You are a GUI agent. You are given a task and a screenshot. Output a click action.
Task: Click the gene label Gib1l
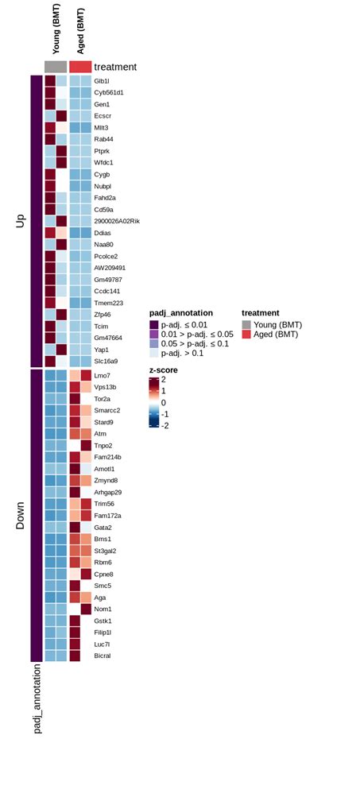[102, 81]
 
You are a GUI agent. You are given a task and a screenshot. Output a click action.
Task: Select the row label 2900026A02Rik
[116, 221]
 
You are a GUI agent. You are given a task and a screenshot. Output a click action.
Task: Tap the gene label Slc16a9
[106, 361]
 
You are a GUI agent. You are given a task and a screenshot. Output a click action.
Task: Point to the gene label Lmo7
[102, 375]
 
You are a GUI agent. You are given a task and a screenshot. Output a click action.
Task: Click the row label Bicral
[103, 656]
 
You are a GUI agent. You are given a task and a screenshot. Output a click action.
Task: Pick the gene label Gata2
[103, 527]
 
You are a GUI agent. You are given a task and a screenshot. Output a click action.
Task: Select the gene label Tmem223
[109, 303]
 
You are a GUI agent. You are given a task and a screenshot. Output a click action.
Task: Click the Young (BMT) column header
[56, 30]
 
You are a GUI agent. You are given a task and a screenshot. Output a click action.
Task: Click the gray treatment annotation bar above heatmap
[56, 67]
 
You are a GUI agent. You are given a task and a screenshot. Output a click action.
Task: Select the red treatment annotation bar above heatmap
[80, 67]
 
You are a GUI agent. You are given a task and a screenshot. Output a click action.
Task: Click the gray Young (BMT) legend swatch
[246, 324]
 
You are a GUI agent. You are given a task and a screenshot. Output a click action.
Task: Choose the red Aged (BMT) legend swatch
[246, 335]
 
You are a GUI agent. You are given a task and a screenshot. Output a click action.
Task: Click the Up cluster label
[21, 221]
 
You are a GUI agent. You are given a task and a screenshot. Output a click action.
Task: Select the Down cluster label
[21, 515]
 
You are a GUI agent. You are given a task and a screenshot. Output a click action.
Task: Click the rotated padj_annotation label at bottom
[37, 710]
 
